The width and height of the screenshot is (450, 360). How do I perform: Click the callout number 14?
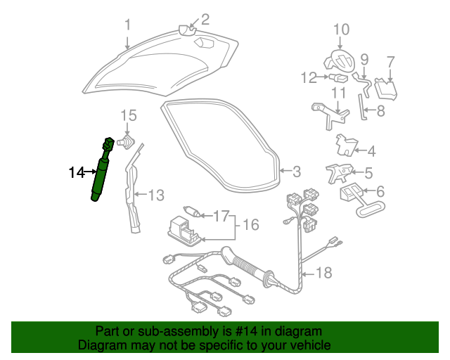tap(76, 171)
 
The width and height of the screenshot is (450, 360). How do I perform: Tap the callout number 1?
tap(127, 25)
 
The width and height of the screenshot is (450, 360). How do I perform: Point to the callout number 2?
tap(205, 19)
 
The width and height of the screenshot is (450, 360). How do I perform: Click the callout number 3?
tap(296, 171)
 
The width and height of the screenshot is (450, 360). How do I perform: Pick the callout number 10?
tap(341, 30)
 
